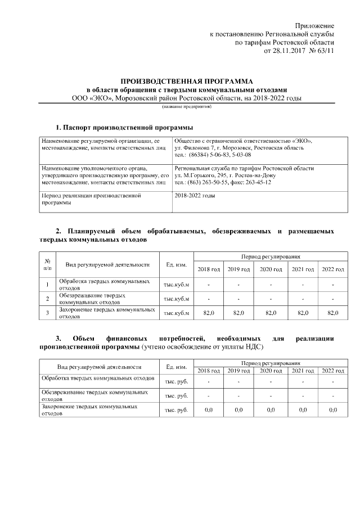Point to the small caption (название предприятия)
[187, 106]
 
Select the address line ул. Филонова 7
[196, 148]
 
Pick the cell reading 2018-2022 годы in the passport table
[195, 196]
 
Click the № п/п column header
[48, 264]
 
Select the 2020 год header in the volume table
[271, 269]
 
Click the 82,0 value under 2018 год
[208, 313]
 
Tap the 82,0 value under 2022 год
[333, 313]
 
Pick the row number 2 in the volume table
[48, 298]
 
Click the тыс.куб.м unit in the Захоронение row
[177, 313]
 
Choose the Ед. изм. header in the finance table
[177, 367]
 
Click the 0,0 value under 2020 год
[271, 410]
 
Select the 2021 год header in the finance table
[303, 371]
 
